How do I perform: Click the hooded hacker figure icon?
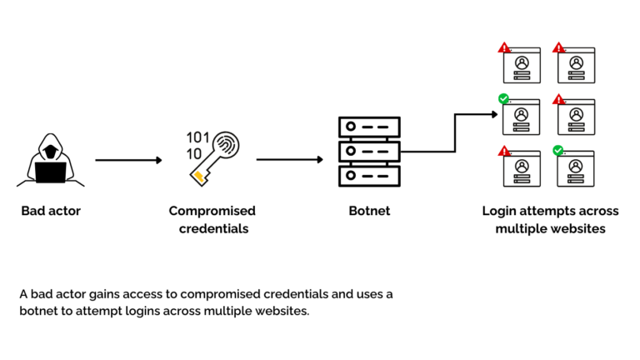[50, 158]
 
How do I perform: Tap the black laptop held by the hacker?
[50, 172]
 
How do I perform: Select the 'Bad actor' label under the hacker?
[49, 211]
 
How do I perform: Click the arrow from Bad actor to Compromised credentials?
[128, 159]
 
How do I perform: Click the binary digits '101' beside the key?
[198, 137]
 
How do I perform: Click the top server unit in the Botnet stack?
[369, 127]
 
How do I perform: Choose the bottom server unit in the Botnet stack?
[369, 177]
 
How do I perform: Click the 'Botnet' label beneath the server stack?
[369, 211]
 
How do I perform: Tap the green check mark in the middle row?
[503, 99]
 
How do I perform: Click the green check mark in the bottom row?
[557, 151]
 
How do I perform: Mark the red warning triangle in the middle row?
[557, 99]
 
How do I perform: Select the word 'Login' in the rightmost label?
[499, 211]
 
